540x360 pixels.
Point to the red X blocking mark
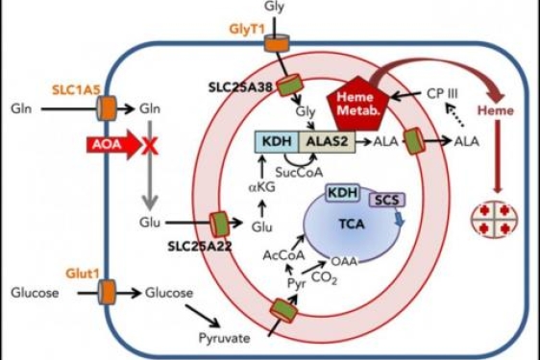[150, 145]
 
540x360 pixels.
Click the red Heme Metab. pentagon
[356, 104]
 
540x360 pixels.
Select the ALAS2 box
[330, 143]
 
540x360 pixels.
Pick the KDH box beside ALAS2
[277, 143]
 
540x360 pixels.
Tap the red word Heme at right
[495, 140]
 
